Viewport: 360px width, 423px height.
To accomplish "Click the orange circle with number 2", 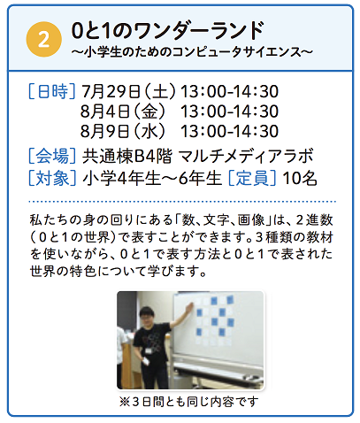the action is tap(44, 40).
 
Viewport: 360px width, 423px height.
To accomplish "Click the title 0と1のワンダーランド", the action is tap(167, 31).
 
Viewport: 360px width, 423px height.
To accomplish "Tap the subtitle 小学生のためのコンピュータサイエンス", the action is tap(192, 52).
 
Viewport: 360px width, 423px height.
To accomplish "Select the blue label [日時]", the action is tap(52, 91).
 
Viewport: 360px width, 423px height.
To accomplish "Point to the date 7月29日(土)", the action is tap(128, 91).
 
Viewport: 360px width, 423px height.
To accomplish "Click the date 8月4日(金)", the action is tap(123, 112).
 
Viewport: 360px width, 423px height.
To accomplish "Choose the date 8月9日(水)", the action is tap(123, 131).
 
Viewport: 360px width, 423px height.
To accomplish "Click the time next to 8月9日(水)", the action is tap(229, 131).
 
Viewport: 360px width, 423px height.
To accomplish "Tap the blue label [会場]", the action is tap(52, 156).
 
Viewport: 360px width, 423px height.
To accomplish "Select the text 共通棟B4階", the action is tap(126, 156).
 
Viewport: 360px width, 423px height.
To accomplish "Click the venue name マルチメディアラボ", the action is tap(246, 156).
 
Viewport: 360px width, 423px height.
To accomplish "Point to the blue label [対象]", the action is tap(52, 179).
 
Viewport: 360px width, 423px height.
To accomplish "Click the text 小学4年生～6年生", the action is tap(152, 179).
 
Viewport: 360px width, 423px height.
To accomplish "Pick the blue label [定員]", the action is tap(252, 179).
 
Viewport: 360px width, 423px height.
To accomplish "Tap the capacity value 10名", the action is tap(300, 179).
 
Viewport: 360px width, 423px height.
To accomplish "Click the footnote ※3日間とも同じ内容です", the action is tap(189, 402).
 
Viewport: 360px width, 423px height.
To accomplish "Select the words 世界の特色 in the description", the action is tap(63, 271).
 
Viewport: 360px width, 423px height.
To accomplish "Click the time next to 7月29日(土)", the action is tap(229, 91).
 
